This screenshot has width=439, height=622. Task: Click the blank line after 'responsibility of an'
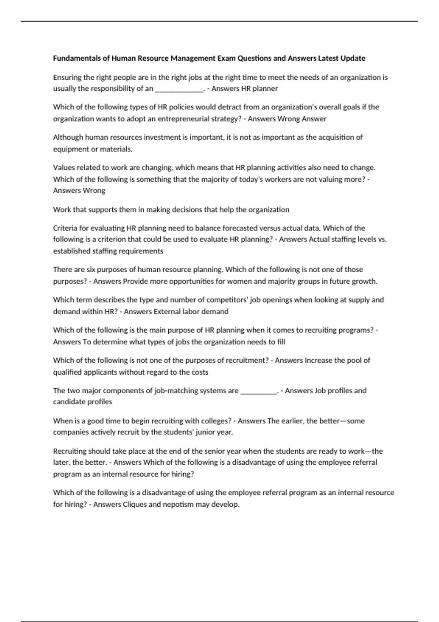point(179,89)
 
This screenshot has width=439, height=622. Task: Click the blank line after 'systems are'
point(259,391)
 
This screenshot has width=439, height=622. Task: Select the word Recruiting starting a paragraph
point(70,451)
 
